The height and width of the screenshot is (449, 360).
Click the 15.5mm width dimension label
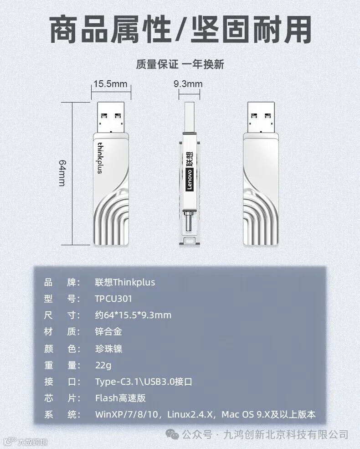coord(110,84)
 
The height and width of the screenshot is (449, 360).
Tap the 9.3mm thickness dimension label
coord(188,84)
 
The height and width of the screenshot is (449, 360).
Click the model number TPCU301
coord(113,299)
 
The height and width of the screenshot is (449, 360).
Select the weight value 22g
coord(103,365)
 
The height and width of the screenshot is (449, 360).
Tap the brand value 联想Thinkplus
coord(125,282)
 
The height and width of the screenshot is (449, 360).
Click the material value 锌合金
coord(108,332)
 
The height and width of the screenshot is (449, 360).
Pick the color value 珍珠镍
coord(108,349)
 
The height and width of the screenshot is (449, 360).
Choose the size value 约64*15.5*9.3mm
coord(133,315)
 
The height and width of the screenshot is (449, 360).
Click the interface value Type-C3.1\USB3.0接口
coord(144,382)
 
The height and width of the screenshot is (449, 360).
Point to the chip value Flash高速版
coord(120,398)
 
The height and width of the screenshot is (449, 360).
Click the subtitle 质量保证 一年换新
coord(180,64)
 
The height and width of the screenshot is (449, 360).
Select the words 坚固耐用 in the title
coord(258,30)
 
